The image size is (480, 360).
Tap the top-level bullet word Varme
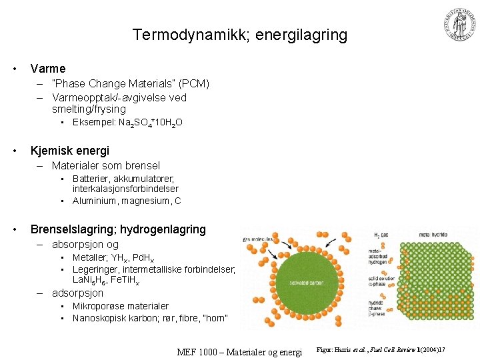[48, 68]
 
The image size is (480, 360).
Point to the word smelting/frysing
[89, 109]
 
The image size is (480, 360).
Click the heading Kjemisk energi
[70, 151]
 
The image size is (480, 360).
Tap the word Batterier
[93, 179]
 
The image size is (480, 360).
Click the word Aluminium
[95, 201]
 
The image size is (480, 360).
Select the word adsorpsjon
[78, 293]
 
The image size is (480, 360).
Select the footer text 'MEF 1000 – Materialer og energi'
[239, 351]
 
